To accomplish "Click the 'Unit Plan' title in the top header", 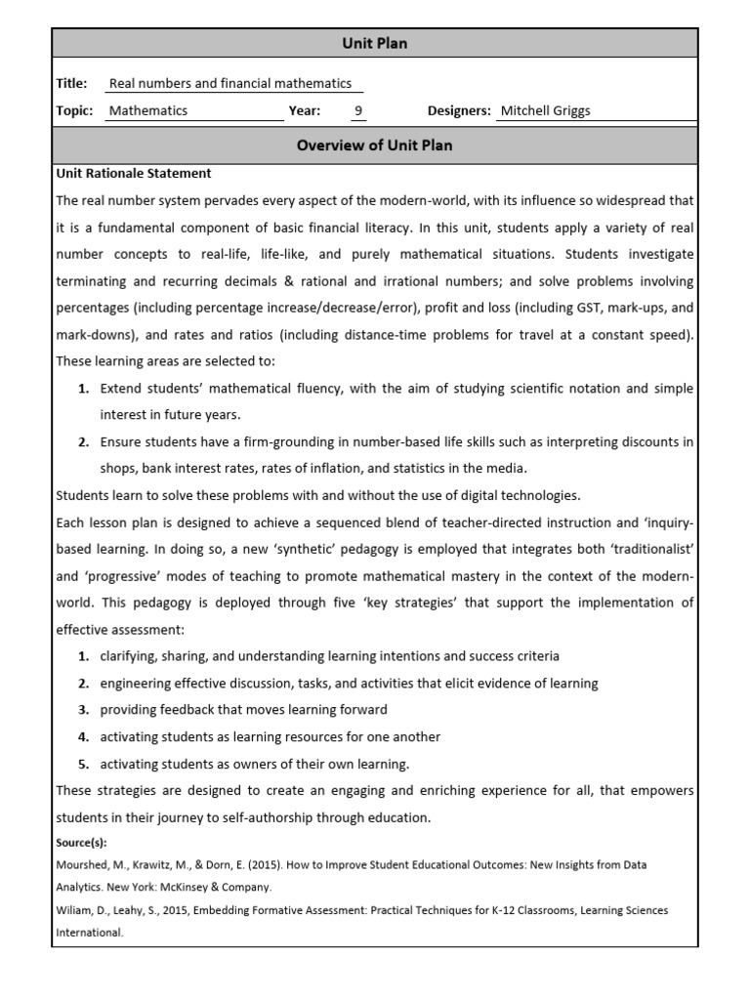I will click(374, 43).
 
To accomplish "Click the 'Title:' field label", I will click(72, 84).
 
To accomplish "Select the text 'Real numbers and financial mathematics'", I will click(229, 84).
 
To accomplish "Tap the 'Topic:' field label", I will click(75, 110).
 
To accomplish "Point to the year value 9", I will click(358, 110).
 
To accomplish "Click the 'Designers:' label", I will click(459, 110).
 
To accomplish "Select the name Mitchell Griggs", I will click(545, 110).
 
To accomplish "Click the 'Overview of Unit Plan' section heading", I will click(374, 146).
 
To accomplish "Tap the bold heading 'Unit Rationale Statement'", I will click(134, 173).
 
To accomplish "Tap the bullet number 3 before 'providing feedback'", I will click(84, 710).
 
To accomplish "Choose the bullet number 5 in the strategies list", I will click(84, 764).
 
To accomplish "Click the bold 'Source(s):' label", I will click(82, 843).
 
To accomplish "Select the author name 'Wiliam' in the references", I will click(75, 910).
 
